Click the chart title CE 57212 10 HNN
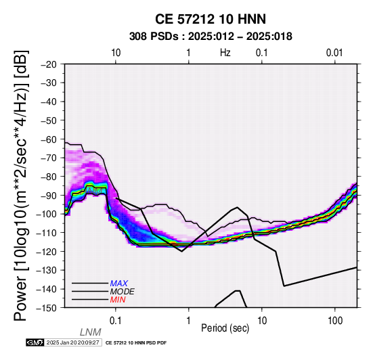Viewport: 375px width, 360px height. tap(211, 19)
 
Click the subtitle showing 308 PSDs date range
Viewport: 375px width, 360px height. tap(211, 37)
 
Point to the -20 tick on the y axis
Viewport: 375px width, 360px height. tap(48, 64)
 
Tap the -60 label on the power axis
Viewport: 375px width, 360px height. tap(48, 139)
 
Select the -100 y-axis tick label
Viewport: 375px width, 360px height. tap(46, 214)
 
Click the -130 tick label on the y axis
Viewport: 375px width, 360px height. tap(46, 271)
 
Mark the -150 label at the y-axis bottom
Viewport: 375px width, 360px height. tap(46, 308)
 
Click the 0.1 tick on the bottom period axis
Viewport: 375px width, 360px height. tap(116, 321)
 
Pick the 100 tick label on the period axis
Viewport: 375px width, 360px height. tap(335, 321)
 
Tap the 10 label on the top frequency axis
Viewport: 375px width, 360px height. tap(116, 53)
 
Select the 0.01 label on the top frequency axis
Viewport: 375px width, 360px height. tap(334, 53)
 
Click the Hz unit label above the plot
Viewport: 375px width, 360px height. tap(225, 53)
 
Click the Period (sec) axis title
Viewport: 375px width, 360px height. tap(225, 328)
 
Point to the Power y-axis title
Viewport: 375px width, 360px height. tap(21, 185)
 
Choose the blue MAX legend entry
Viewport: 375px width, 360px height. tap(119, 284)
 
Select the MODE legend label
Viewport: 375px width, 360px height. tap(123, 292)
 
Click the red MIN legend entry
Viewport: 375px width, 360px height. tap(118, 300)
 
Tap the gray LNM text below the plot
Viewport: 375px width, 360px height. tap(91, 332)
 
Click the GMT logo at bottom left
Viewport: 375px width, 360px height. tap(35, 343)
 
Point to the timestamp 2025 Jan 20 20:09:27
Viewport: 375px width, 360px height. tap(72, 343)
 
